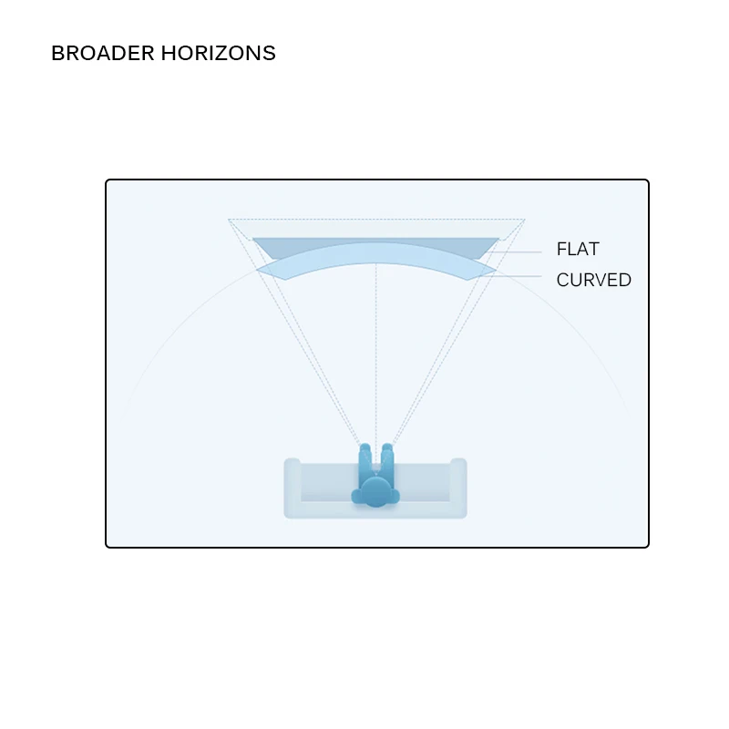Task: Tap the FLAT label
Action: tap(578, 250)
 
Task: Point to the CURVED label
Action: tap(593, 280)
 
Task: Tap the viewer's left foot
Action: tap(364, 448)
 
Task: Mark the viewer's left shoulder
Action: tap(357, 496)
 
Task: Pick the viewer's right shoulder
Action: tap(395, 496)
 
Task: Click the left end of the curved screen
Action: tap(262, 270)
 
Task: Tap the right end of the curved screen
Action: tap(491, 270)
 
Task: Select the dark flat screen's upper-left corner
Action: tap(254, 240)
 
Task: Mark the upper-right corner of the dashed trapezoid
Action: tap(524, 220)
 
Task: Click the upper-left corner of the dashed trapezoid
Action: tap(229, 220)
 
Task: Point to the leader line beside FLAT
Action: tap(521, 250)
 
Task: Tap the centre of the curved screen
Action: tap(375, 252)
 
